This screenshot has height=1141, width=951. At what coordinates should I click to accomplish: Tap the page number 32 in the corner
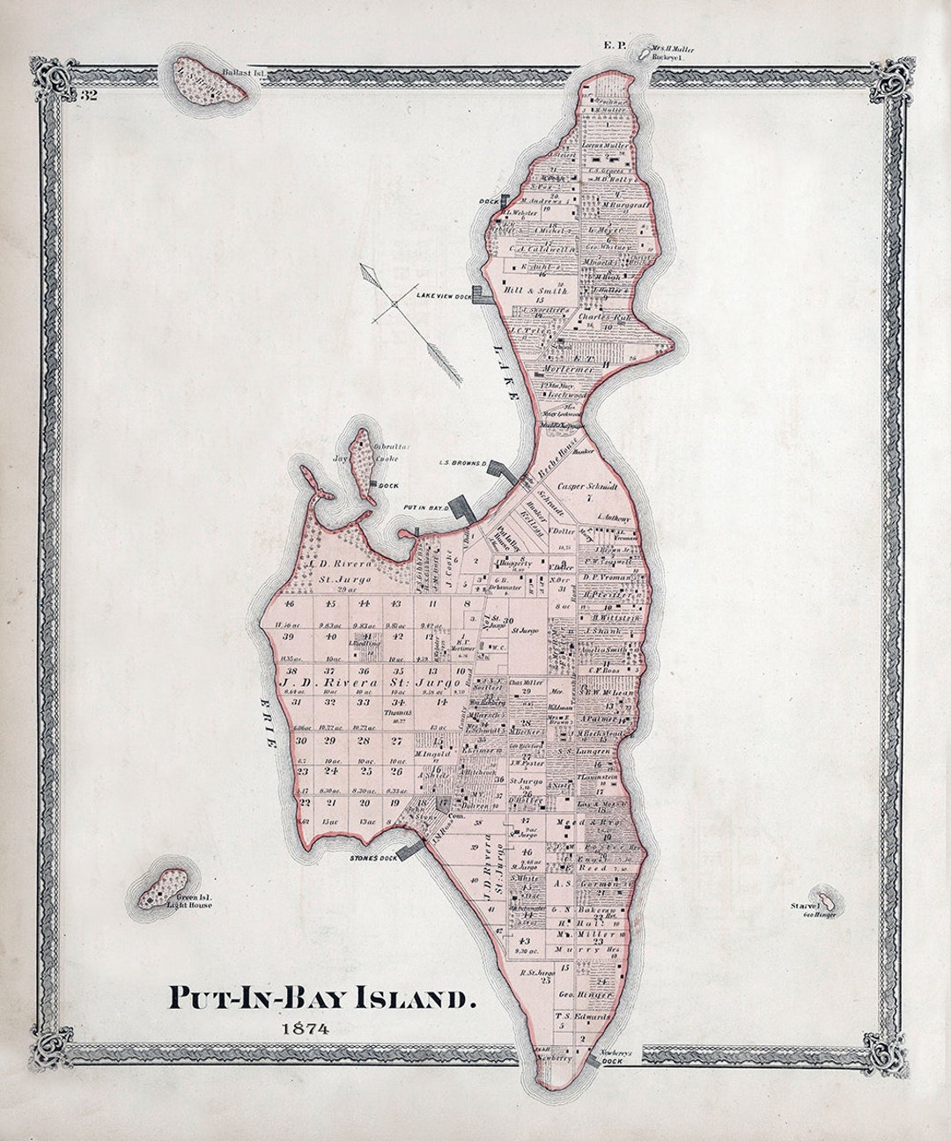(88, 96)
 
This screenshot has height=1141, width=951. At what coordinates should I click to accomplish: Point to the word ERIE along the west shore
(269, 717)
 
